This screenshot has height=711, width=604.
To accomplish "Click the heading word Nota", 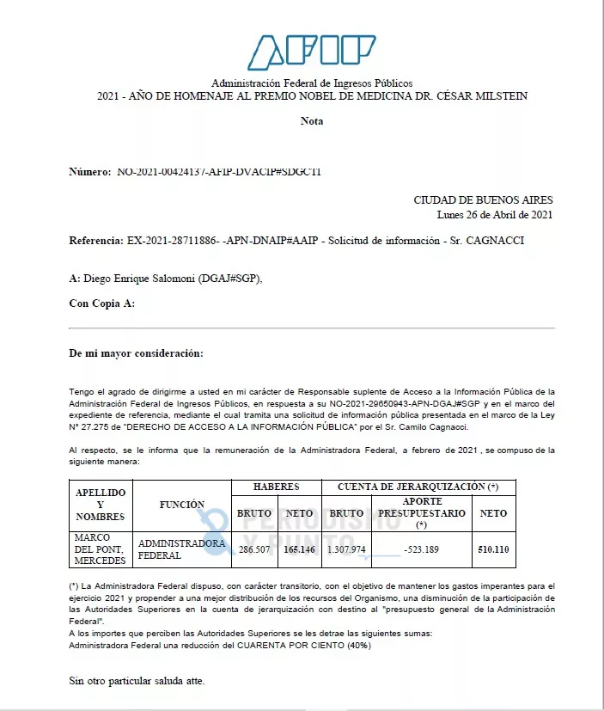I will (x=312, y=121).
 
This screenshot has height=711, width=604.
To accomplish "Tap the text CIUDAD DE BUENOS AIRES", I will (x=483, y=200).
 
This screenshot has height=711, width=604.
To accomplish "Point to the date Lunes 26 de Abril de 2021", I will (x=494, y=215).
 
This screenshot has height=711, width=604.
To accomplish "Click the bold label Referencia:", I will (x=97, y=241).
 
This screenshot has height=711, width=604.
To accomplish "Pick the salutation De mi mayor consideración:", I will (x=136, y=353).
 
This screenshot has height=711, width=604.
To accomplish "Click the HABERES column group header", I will (x=276, y=487).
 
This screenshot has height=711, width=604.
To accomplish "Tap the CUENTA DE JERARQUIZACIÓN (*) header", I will (x=418, y=487).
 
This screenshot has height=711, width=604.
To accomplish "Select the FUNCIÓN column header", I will (x=181, y=505).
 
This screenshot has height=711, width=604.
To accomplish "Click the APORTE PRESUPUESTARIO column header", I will (x=422, y=512).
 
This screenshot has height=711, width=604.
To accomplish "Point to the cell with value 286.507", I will (x=254, y=549).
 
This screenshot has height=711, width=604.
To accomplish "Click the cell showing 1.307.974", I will (x=346, y=549).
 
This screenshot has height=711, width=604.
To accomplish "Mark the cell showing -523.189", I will (x=422, y=549).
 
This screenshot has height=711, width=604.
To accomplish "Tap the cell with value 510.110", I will (x=493, y=549).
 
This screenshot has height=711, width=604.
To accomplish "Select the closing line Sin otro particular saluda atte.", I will (x=137, y=681).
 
